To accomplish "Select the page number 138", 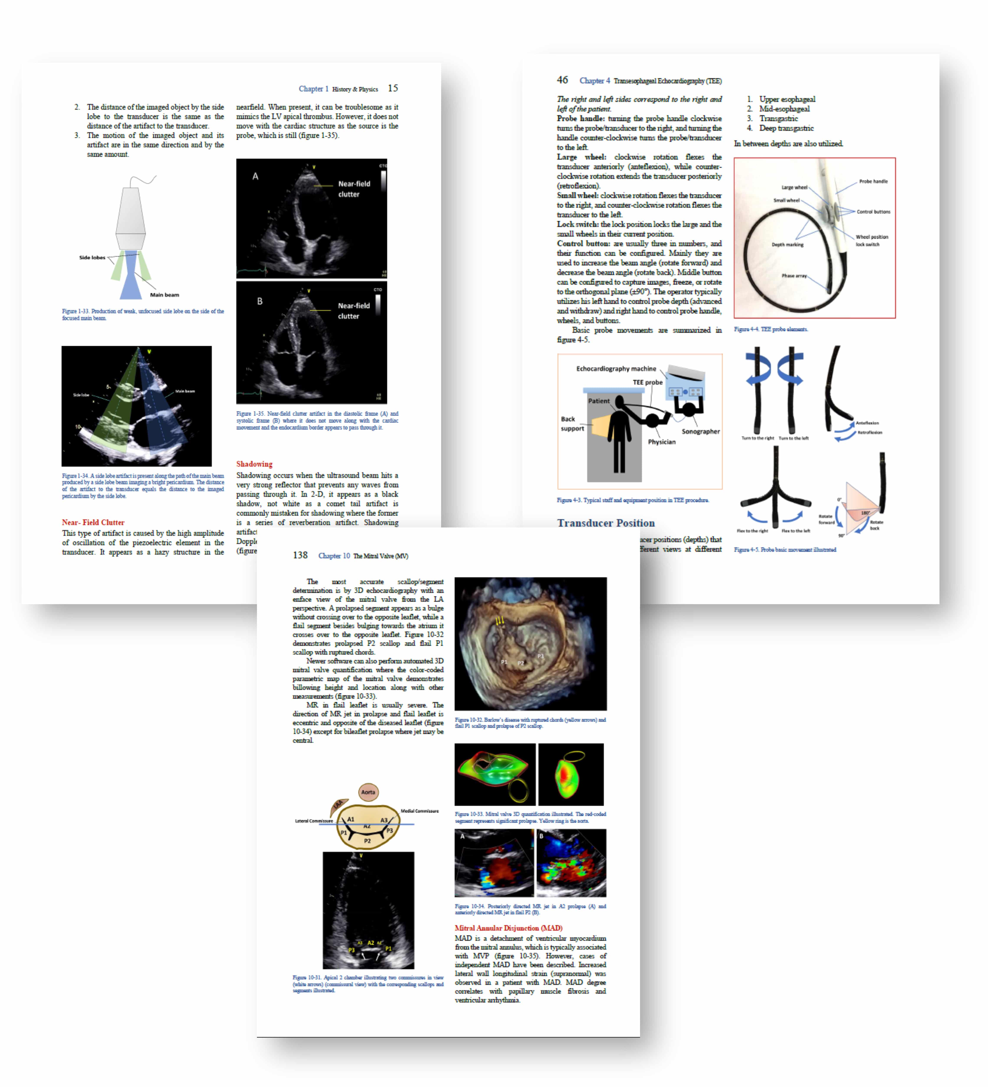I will coord(300,555).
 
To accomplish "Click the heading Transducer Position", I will coord(606,523).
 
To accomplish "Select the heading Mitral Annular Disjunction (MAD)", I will coord(508,928).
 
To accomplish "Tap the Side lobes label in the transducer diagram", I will coord(92,258).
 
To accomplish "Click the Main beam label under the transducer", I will coord(164,295).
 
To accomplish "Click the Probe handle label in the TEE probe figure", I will coord(873,181).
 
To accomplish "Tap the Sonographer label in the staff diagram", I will coord(700,431).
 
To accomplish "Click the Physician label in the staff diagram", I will coord(661,442).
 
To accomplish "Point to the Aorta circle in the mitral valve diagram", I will coord(368,792).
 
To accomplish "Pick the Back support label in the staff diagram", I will coord(572,424).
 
